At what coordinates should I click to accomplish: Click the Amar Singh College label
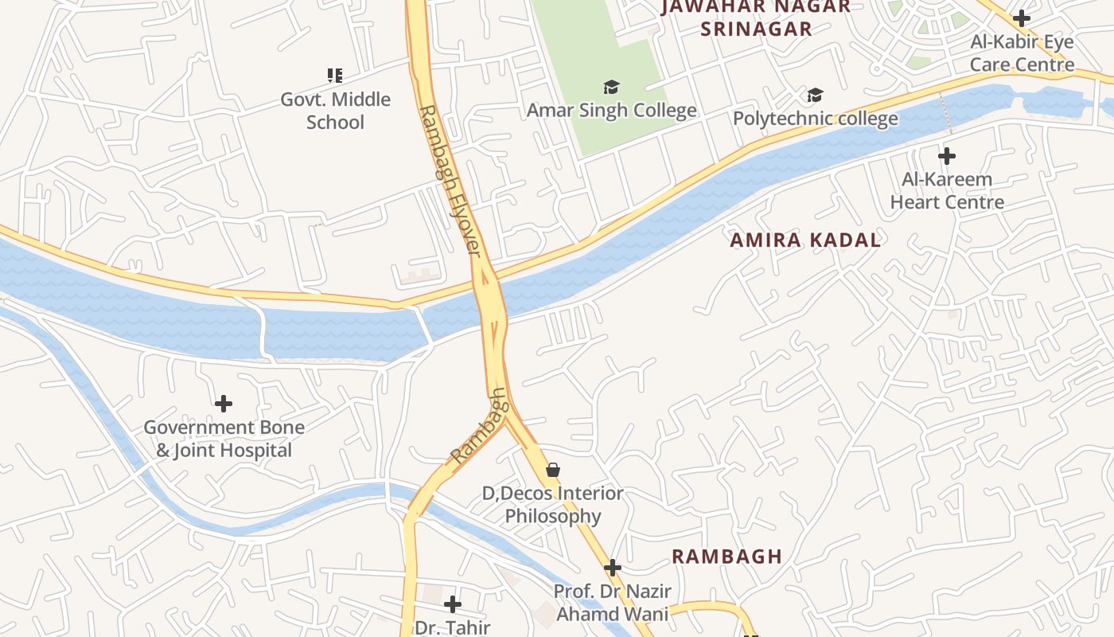(x=611, y=111)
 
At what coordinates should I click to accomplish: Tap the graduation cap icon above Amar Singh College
(x=611, y=87)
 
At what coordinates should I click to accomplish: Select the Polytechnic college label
(x=815, y=119)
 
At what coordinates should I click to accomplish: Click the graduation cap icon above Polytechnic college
(x=815, y=96)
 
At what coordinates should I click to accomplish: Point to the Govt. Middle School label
(x=335, y=111)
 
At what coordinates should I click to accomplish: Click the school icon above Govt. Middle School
(x=335, y=76)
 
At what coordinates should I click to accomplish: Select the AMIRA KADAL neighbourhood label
(x=805, y=240)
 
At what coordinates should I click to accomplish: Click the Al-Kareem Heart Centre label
(x=947, y=190)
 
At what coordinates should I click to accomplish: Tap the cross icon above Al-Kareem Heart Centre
(x=947, y=155)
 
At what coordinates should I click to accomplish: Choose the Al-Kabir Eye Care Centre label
(x=1022, y=53)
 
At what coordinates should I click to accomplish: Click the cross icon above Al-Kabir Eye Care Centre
(x=1022, y=18)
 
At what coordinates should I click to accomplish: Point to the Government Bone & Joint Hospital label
(x=224, y=439)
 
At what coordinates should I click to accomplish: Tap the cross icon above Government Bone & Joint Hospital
(x=224, y=404)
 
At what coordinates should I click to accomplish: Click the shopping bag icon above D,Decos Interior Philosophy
(x=553, y=470)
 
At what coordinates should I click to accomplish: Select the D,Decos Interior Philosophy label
(x=553, y=505)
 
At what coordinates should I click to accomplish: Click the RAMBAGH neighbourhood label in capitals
(x=726, y=557)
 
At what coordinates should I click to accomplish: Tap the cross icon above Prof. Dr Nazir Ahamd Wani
(x=612, y=568)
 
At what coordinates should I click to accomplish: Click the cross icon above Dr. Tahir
(x=453, y=604)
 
